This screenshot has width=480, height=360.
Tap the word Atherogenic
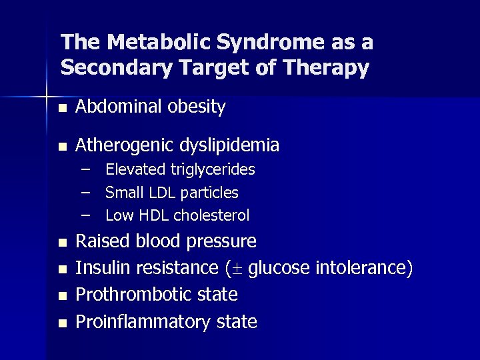click(x=120, y=145)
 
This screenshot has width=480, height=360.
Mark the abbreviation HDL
click(x=154, y=215)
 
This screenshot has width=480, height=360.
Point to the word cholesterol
click(x=212, y=215)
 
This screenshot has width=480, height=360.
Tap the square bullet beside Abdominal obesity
click(x=62, y=108)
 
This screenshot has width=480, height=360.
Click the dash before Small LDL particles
click(x=86, y=192)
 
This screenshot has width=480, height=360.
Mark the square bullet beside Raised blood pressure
click(x=62, y=243)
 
